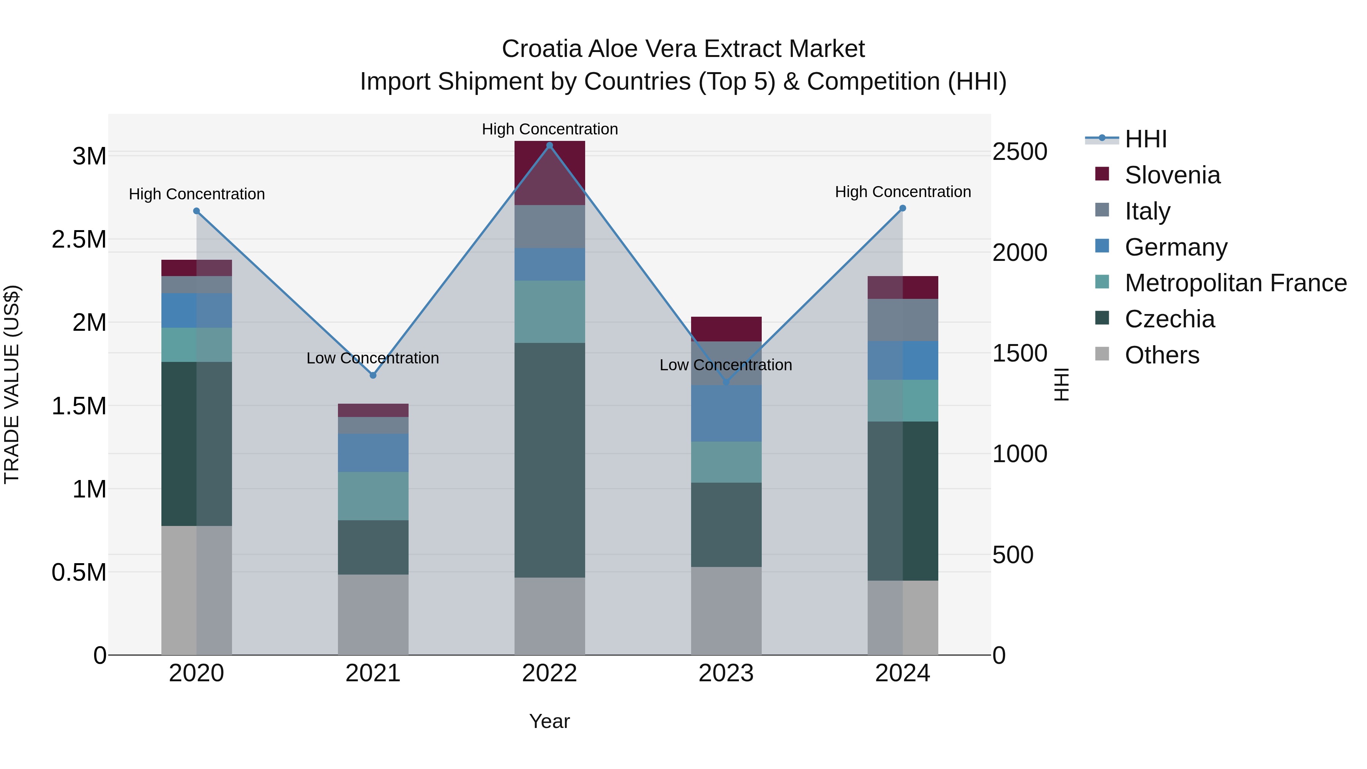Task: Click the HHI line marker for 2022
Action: click(550, 145)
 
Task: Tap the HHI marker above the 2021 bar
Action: click(373, 375)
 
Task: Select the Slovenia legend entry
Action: click(1172, 175)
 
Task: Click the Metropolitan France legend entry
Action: click(1235, 283)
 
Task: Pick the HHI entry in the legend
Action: click(1145, 139)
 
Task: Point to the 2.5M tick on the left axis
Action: click(79, 239)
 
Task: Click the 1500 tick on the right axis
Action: click(1020, 354)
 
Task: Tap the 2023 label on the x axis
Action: click(726, 673)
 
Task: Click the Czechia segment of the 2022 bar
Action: click(550, 460)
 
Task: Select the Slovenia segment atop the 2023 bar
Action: click(726, 329)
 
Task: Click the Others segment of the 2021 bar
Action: click(373, 614)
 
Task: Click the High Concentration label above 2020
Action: click(197, 194)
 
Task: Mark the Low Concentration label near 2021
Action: click(373, 358)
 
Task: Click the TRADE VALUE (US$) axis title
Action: click(12, 384)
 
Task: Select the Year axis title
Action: click(549, 721)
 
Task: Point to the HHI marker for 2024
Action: click(903, 208)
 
